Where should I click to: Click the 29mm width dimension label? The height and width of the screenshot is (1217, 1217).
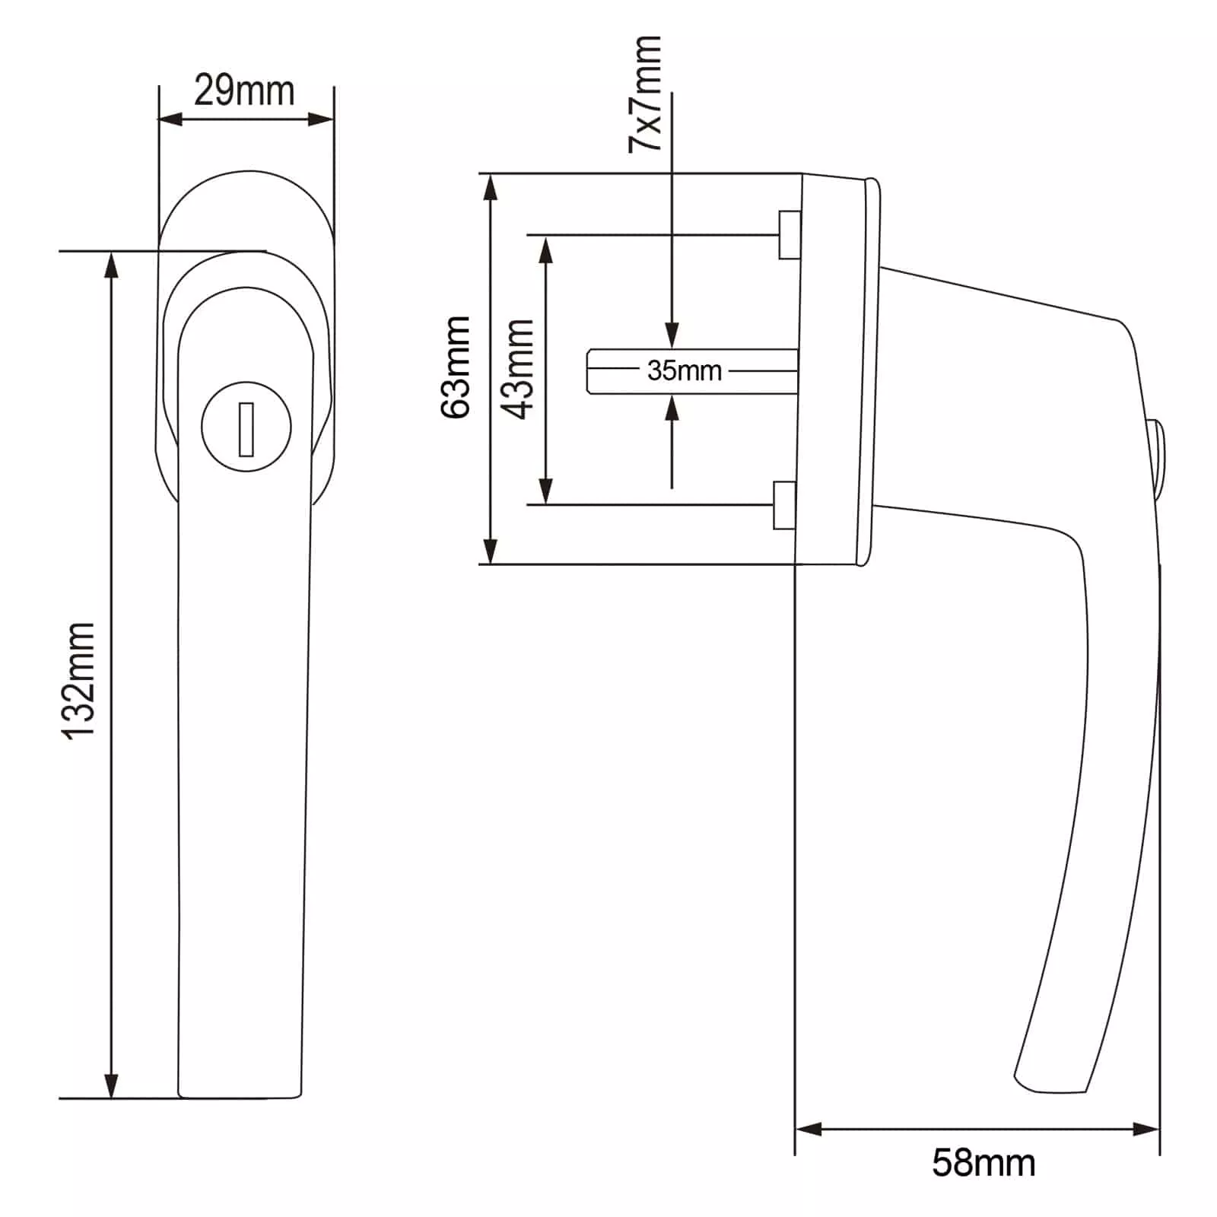(244, 91)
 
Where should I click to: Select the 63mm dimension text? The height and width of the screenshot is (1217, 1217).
(456, 367)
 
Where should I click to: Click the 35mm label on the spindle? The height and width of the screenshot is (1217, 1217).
(685, 370)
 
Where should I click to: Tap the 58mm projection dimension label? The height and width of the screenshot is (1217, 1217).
(983, 1163)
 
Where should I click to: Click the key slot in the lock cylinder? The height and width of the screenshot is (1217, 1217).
(246, 429)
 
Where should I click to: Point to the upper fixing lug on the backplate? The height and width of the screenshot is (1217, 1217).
(789, 235)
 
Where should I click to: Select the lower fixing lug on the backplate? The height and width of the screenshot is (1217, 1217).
(785, 505)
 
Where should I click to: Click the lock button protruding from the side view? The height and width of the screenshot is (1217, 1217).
(1157, 454)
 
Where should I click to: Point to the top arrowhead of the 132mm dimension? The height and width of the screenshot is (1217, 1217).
(112, 265)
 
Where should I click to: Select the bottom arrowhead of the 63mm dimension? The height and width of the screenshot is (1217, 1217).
(491, 551)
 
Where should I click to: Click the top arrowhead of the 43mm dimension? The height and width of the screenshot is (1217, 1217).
(545, 248)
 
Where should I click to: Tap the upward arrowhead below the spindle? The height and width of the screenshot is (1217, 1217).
(672, 408)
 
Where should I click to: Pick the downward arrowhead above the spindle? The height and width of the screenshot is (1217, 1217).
(672, 335)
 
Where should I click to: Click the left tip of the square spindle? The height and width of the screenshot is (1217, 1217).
(588, 371)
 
